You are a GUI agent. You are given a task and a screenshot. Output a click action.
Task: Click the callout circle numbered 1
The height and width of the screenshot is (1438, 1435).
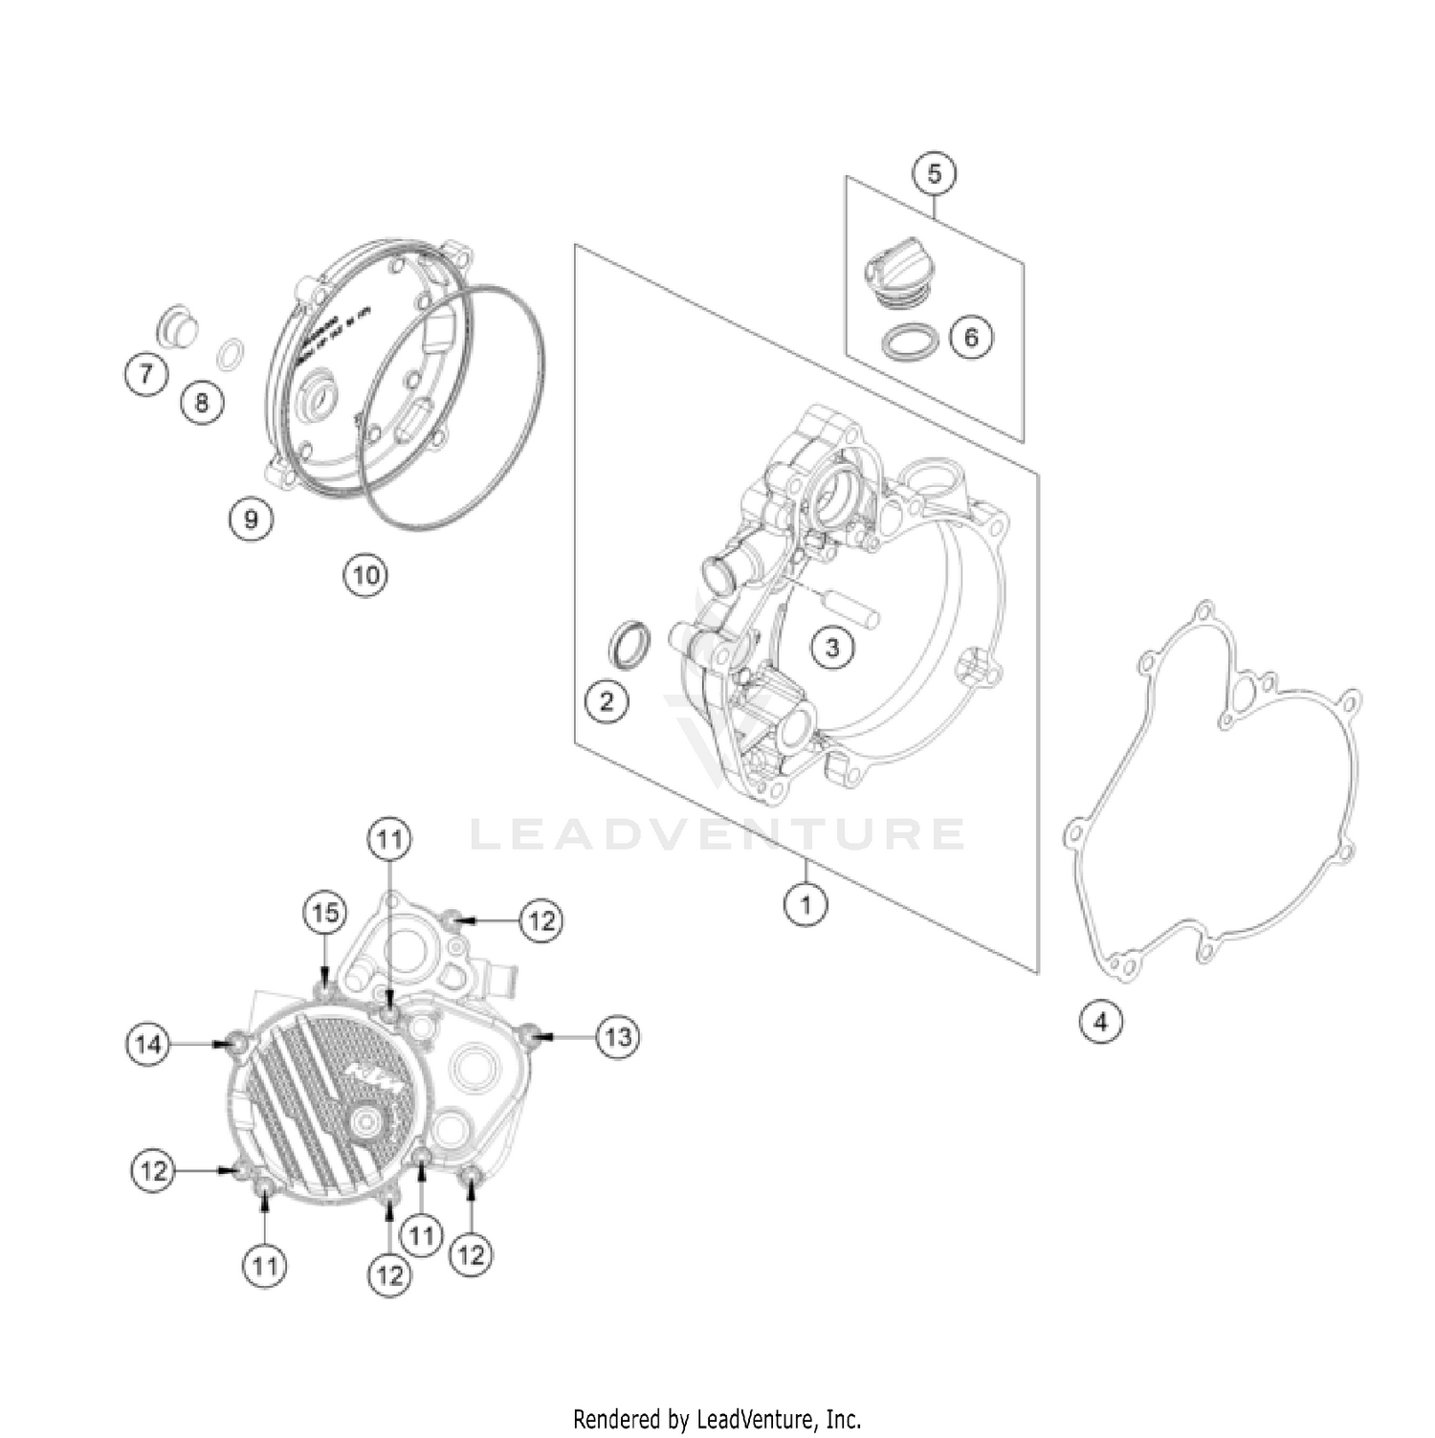[x=805, y=902]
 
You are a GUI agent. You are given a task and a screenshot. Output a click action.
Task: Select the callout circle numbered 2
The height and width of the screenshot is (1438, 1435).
[x=607, y=701]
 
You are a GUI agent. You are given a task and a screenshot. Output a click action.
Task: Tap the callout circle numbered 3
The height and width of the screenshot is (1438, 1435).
[x=831, y=648]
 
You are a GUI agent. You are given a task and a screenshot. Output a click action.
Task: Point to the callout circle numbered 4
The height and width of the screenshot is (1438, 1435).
[x=1100, y=1022]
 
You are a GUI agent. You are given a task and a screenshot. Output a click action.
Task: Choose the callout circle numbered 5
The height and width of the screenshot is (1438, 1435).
[x=934, y=173]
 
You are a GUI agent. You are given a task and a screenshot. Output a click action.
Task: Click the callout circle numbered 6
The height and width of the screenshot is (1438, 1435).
[x=971, y=337]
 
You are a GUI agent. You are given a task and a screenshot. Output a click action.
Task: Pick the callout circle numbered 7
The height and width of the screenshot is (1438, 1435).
[x=146, y=372]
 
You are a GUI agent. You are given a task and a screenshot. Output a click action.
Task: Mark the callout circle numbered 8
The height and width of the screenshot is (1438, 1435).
[x=202, y=402]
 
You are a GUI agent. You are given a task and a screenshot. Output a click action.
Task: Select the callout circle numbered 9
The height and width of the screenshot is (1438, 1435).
[x=251, y=519]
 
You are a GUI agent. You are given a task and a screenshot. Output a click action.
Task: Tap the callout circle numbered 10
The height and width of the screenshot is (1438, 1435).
[x=366, y=575]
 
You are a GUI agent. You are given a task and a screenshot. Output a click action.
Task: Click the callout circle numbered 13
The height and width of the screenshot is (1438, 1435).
[x=618, y=1036]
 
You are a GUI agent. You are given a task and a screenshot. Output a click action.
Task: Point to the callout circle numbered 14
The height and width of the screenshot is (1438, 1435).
[x=148, y=1044]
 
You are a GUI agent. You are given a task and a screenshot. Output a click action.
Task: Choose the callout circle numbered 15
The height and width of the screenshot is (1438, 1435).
[x=325, y=913]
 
